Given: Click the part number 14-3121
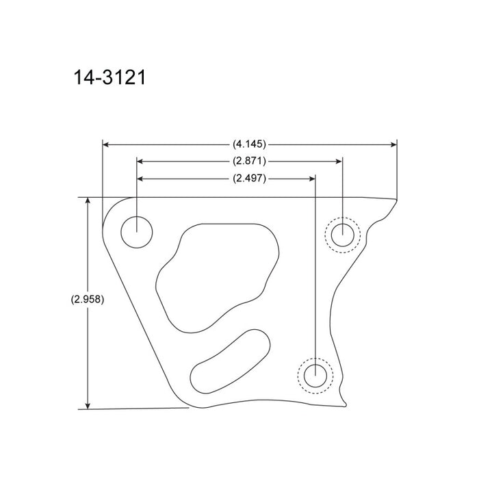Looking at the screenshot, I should point(109,77).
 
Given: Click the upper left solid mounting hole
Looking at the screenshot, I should point(136,231).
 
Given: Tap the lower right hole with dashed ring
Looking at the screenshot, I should point(315,376).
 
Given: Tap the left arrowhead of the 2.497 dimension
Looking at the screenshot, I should point(141,178).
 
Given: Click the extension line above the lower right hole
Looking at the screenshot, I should point(315,274).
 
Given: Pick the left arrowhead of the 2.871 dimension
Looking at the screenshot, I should point(141,161).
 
